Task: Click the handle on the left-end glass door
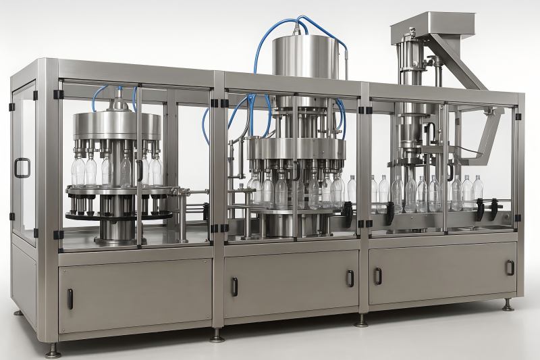[x=22, y=168]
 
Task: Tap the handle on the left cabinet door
[x=70, y=299]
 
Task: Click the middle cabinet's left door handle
[x=234, y=286]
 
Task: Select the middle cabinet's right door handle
[x=350, y=278]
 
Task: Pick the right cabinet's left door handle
[x=377, y=276]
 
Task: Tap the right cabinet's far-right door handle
[x=510, y=267]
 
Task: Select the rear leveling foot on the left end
[x=18, y=313]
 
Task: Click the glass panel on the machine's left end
[x=24, y=162]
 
